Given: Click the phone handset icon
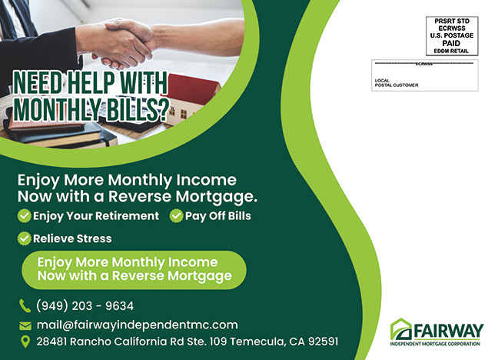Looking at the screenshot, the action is point(25,306).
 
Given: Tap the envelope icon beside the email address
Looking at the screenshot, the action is point(25,325).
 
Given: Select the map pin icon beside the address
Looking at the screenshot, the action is point(25,342).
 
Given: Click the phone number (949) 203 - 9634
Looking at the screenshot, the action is point(85,306).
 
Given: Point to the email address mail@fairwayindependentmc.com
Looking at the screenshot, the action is point(138,325).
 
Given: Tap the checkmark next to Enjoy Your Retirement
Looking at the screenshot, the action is point(24,216).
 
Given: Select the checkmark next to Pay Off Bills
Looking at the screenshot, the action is point(176,216).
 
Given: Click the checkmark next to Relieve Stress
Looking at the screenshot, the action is point(24,238).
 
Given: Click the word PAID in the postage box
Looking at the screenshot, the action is point(451,43).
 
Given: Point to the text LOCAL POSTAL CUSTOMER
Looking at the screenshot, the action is point(397,83).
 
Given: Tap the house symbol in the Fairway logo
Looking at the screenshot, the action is point(401,329).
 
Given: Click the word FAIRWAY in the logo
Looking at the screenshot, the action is point(449,332).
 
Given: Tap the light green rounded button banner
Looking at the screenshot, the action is point(134,270).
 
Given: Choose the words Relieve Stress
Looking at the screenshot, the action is point(72,238).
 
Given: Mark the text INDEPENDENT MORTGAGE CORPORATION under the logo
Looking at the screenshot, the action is point(435,344).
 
